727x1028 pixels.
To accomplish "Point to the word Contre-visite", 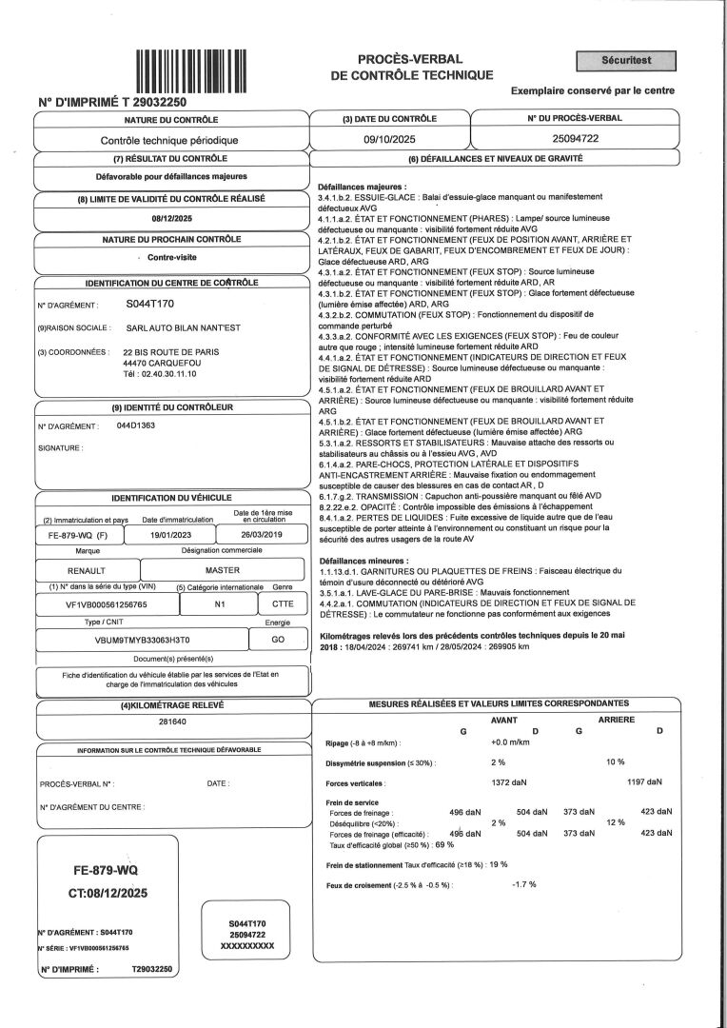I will point(171,258).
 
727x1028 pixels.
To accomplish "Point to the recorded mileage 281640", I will point(171,722).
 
